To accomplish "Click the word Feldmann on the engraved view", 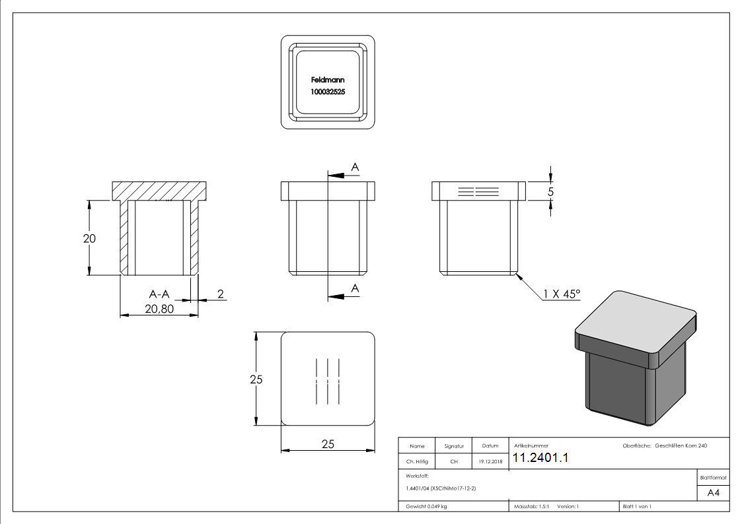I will (x=328, y=80).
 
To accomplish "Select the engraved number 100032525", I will (x=328, y=93).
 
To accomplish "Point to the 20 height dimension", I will (x=89, y=238).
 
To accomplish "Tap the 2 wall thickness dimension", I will (x=220, y=293).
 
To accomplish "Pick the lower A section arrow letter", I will (x=355, y=288).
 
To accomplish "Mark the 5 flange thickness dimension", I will (x=551, y=191).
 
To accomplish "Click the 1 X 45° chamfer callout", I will (x=562, y=293).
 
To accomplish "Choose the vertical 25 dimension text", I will (x=256, y=379).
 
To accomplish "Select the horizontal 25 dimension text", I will (x=328, y=444).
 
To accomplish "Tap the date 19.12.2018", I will (x=490, y=462).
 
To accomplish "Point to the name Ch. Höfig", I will (x=417, y=462).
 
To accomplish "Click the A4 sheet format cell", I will (x=714, y=493).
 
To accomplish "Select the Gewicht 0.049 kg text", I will (x=427, y=506).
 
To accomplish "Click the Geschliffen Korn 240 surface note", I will (x=681, y=446).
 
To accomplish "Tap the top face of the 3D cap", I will (x=634, y=324).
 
